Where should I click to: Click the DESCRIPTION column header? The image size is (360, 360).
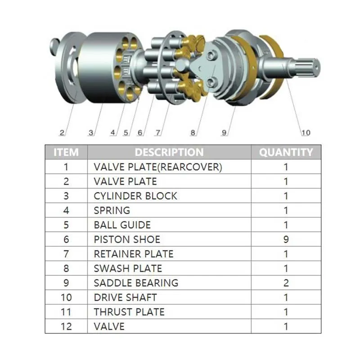tap(169, 152)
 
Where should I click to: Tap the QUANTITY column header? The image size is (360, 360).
tap(286, 152)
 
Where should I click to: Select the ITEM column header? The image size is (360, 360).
tap(66, 152)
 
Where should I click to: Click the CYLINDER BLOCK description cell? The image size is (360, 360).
tap(135, 196)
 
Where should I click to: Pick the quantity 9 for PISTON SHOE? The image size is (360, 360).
tap(286, 239)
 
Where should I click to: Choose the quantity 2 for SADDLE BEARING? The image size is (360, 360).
tap(286, 283)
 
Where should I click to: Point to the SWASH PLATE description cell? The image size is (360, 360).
tap(128, 269)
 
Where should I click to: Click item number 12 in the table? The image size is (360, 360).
tap(66, 326)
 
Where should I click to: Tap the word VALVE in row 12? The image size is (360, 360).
tap(109, 326)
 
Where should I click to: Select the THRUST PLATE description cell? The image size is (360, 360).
tap(129, 312)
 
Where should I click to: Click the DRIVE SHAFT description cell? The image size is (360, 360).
tap(126, 297)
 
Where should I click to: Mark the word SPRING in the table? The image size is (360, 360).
tap(112, 211)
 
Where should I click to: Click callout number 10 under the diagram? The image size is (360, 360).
tap(306, 132)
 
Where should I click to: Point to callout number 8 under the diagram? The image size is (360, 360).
tap(193, 133)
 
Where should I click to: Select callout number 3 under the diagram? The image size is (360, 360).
tap(91, 133)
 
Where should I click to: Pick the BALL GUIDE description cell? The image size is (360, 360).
tap(122, 225)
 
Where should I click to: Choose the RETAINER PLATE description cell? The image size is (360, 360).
tap(133, 254)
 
